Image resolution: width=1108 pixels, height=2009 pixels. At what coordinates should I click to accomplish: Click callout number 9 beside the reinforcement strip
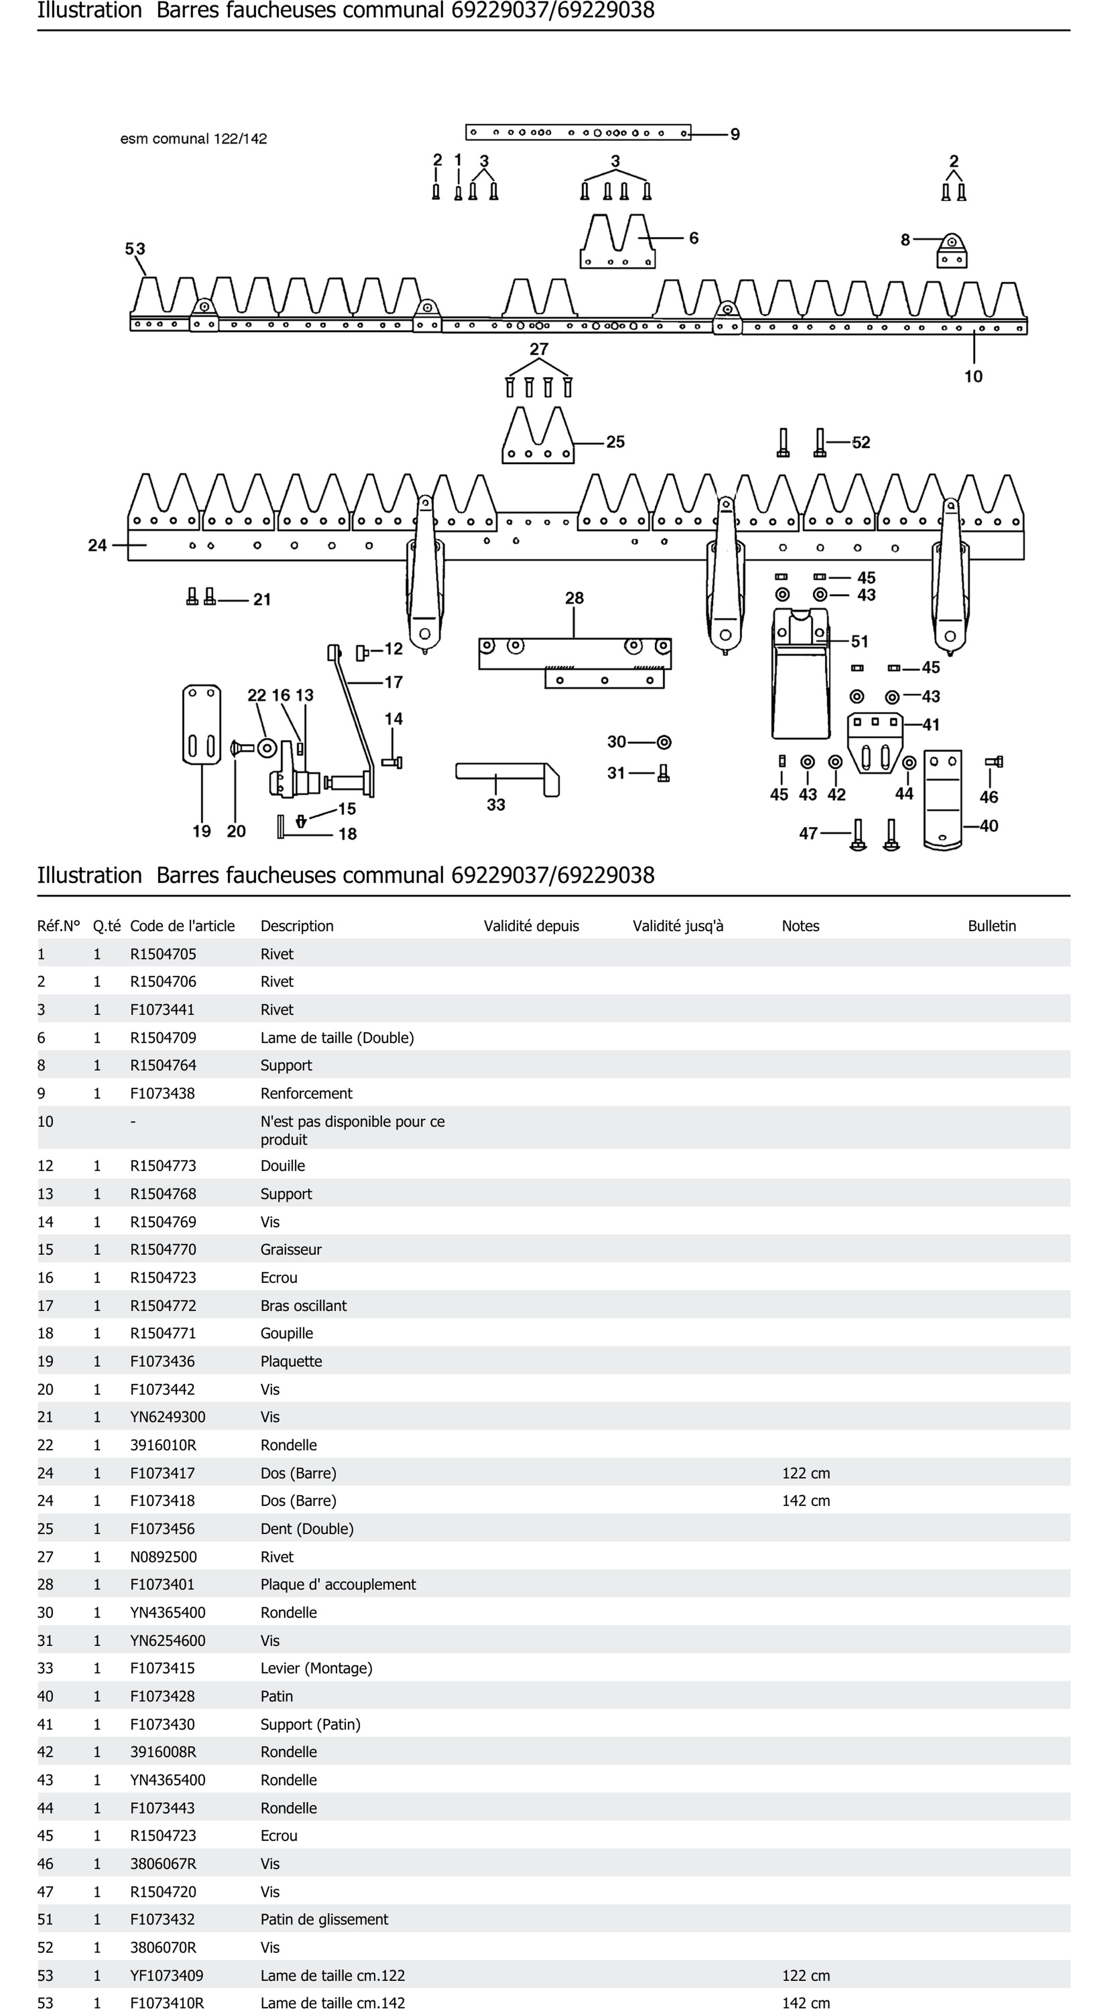coord(735,134)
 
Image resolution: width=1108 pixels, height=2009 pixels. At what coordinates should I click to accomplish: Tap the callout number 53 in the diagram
coord(135,249)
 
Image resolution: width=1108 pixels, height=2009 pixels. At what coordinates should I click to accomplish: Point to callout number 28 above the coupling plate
coord(574,598)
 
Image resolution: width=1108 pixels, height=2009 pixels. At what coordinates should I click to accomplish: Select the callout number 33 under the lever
coord(496,805)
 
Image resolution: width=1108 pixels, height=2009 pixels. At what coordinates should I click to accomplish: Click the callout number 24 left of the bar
coord(98,545)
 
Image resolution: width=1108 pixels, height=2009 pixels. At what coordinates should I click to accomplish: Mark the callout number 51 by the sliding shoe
coord(860,641)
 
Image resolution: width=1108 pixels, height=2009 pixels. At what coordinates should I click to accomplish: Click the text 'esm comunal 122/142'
coord(193,139)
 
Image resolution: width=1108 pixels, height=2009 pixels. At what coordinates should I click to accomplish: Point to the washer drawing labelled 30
coord(664,742)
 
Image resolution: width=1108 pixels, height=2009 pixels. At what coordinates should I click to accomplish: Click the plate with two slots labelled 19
coord(201,724)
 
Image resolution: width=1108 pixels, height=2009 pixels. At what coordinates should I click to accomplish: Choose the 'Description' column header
coord(297,926)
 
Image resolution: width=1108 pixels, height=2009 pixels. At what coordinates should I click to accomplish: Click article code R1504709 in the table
coord(163,1037)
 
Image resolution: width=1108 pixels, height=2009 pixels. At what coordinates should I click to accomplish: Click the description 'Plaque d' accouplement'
coord(338,1584)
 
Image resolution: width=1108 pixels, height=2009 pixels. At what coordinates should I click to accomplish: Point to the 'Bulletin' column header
coord(992,926)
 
